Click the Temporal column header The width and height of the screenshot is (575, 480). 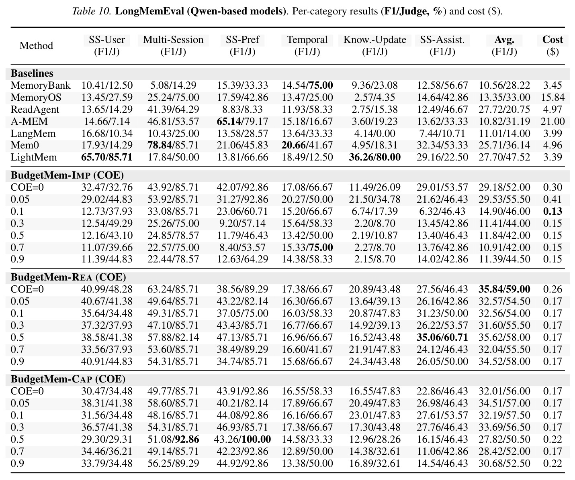pyautogui.click(x=307, y=45)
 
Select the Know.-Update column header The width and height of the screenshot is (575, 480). pyautogui.click(x=374, y=45)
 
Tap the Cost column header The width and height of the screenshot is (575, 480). pyautogui.click(x=552, y=45)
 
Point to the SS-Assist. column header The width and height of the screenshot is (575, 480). pyautogui.click(x=442, y=45)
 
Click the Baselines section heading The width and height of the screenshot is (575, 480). pyautogui.click(x=32, y=73)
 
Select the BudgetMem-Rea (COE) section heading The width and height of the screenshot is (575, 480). pyautogui.click(x=68, y=277)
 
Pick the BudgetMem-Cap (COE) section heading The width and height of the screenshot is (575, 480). pyautogui.click(x=68, y=379)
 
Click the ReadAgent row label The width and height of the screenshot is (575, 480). pyautogui.click(x=35, y=110)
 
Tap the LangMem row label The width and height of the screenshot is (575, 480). pyautogui.click(x=33, y=133)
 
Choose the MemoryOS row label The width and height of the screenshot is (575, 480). pyautogui.click(x=36, y=98)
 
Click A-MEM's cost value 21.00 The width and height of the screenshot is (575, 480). pyautogui.click(x=552, y=121)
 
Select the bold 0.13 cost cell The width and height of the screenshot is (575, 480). pyautogui.click(x=552, y=211)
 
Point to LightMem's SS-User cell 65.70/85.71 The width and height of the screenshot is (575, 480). pyautogui.click(x=107, y=157)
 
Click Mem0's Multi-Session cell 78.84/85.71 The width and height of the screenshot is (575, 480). pyautogui.click(x=173, y=145)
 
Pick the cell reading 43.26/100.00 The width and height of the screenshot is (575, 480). pyautogui.click(x=242, y=439)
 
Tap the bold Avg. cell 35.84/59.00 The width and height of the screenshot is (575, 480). pyautogui.click(x=504, y=289)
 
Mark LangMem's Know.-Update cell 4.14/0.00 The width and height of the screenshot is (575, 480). pyautogui.click(x=374, y=133)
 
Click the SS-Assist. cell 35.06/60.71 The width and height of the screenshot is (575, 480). pyautogui.click(x=442, y=337)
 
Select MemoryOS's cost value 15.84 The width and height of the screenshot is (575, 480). pyautogui.click(x=552, y=98)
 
